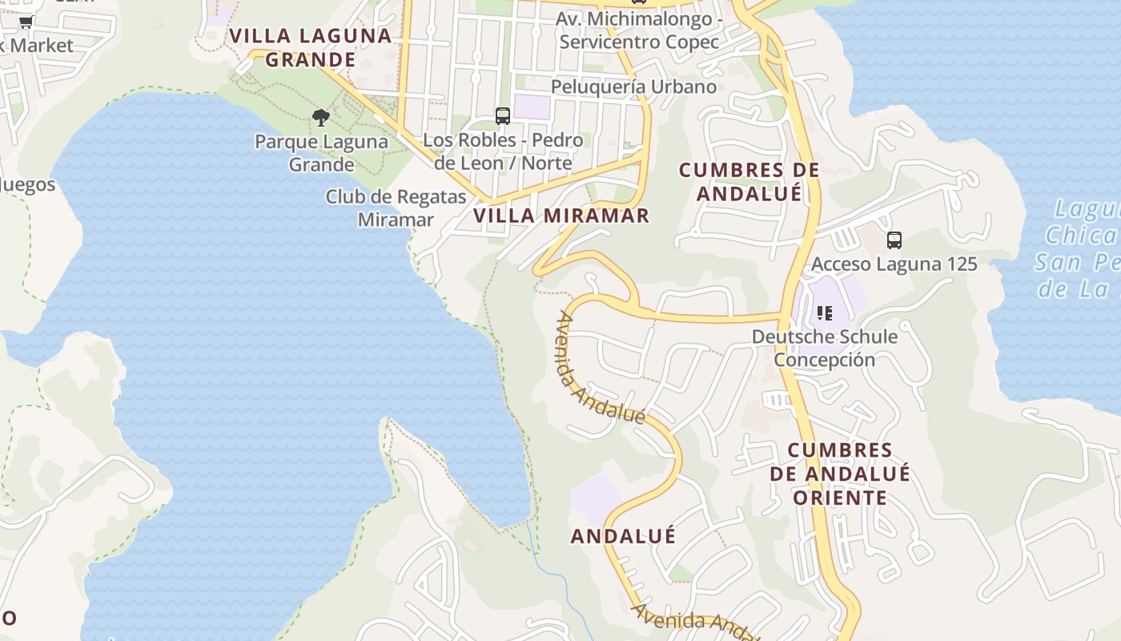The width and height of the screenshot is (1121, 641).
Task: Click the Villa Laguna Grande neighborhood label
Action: pyautogui.click(x=311, y=47)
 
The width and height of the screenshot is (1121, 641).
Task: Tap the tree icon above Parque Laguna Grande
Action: pyautogui.click(x=321, y=119)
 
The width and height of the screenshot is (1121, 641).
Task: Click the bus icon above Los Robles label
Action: pyautogui.click(x=503, y=116)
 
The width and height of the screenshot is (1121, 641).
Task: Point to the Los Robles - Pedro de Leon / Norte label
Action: pyautogui.click(x=503, y=151)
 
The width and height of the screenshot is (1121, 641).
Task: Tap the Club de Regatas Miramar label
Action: pyautogui.click(x=396, y=208)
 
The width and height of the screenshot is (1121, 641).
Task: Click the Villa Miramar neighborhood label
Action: pyautogui.click(x=561, y=216)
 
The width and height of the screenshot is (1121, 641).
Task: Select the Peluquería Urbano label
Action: pyautogui.click(x=633, y=87)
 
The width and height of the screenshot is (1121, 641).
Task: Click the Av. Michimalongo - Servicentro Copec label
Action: pyautogui.click(x=639, y=30)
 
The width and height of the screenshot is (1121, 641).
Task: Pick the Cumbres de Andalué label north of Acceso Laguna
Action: pyautogui.click(x=749, y=182)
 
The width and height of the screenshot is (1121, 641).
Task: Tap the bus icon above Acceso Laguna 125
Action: pyautogui.click(x=894, y=240)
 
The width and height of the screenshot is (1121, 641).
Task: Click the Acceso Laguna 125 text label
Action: pyautogui.click(x=894, y=264)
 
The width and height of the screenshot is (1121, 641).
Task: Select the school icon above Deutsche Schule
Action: pyautogui.click(x=825, y=312)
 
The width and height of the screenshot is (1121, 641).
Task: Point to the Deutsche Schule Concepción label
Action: pyautogui.click(x=825, y=348)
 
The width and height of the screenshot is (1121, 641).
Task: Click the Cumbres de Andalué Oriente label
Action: pyautogui.click(x=840, y=474)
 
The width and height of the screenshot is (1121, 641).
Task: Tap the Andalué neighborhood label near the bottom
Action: pyautogui.click(x=623, y=536)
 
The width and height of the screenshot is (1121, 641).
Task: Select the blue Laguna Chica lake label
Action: pyautogui.click(x=1081, y=248)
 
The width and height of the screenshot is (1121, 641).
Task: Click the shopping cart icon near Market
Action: pyautogui.click(x=26, y=22)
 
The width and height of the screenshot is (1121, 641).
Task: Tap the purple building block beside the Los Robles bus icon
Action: pyautogui.click(x=532, y=107)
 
